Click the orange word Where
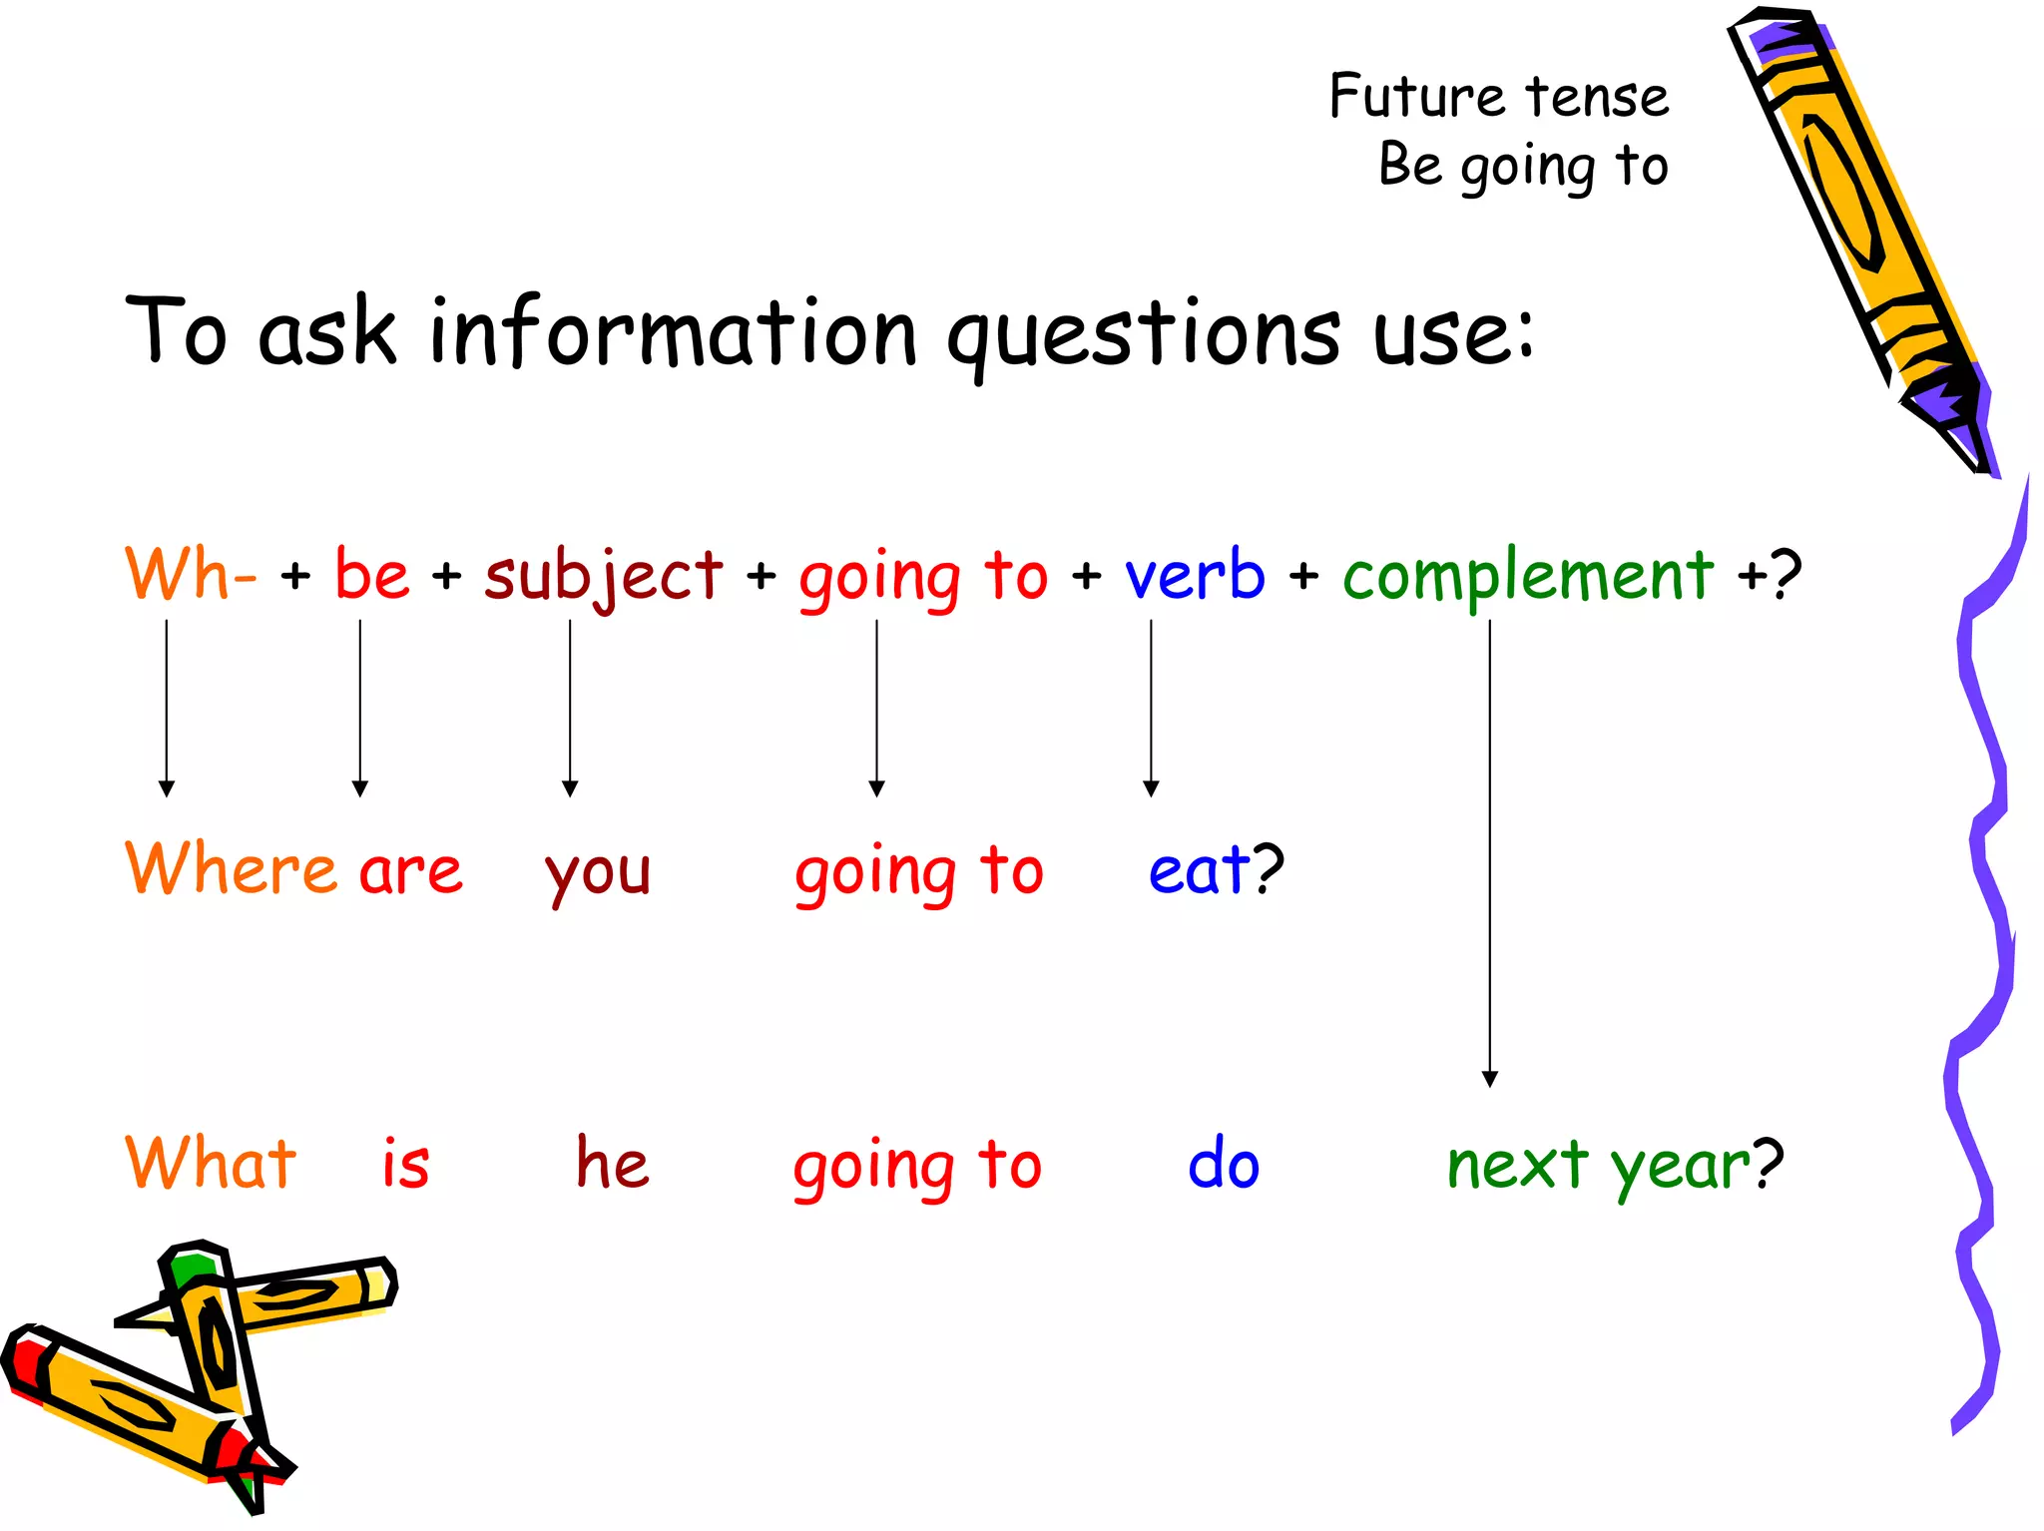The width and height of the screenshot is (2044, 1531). click(231, 868)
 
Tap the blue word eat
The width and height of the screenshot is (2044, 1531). click(1198, 870)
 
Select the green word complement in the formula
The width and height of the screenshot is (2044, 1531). click(1527, 576)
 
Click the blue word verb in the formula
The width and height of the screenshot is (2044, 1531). click(1195, 576)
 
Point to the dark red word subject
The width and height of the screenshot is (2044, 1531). click(603, 576)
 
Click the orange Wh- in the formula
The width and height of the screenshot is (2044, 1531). click(190, 576)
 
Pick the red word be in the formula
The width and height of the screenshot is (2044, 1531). click(371, 576)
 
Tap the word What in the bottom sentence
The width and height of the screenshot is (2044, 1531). click(211, 1164)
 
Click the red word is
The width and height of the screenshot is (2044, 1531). click(405, 1164)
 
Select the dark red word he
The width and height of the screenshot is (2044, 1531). click(612, 1164)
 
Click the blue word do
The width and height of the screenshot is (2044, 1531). click(1224, 1164)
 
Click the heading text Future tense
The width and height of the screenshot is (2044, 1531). click(1498, 97)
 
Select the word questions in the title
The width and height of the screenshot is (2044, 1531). click(1144, 334)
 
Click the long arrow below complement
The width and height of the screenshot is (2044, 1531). click(1490, 848)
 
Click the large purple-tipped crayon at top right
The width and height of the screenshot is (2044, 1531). click(1856, 220)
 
